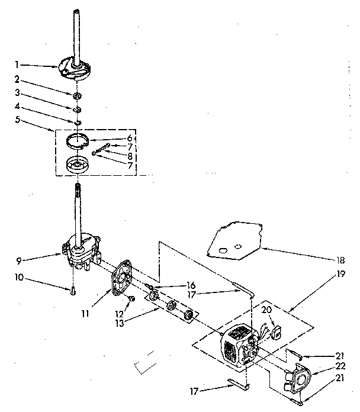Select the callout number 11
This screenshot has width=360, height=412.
[86, 313]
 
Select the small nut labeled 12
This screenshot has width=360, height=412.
[133, 298]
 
